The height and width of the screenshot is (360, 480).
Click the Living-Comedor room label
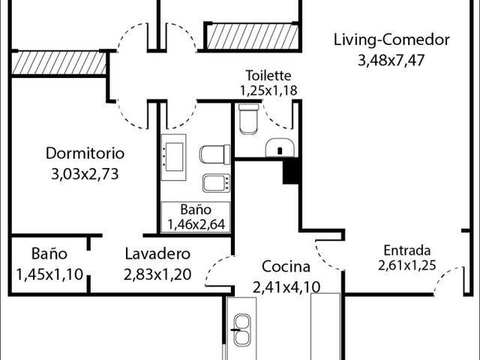click(391, 40)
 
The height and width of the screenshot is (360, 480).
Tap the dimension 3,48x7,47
click(391, 60)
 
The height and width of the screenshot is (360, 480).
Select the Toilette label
click(268, 75)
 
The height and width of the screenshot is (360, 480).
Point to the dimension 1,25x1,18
click(268, 90)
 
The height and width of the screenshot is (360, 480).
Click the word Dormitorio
click(85, 153)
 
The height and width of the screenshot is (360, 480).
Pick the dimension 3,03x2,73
click(85, 174)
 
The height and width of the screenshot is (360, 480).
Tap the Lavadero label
click(157, 254)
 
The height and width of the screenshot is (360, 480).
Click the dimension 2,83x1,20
click(157, 274)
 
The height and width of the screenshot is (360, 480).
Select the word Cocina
click(286, 266)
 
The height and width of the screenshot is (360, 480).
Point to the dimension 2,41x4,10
click(286, 287)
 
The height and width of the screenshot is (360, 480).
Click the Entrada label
click(407, 250)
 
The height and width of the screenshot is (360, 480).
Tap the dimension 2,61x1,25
click(406, 265)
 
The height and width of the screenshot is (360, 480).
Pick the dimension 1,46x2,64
click(196, 224)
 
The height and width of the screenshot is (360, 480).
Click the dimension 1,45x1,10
click(49, 274)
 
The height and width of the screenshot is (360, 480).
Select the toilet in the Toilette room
click(248, 119)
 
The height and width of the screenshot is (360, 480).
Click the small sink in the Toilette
click(280, 148)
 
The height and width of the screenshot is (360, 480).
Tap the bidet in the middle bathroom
click(216, 183)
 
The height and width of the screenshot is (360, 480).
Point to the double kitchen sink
click(241, 329)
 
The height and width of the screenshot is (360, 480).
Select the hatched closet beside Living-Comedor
click(253, 37)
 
